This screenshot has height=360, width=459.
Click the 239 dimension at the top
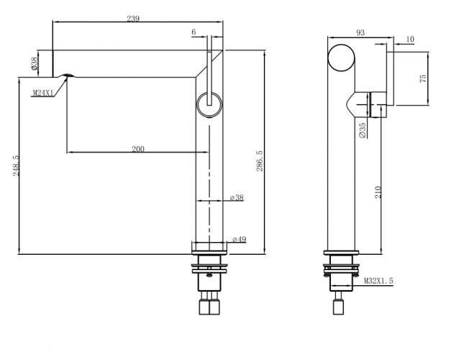(x=132, y=19)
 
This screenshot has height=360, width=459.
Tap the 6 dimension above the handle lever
(x=194, y=32)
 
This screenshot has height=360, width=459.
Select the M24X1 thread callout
(x=42, y=93)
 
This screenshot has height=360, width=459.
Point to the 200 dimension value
(x=138, y=149)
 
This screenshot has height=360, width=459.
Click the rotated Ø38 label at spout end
(x=35, y=64)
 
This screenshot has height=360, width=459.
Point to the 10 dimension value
(x=409, y=40)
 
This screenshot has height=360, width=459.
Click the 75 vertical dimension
(x=424, y=78)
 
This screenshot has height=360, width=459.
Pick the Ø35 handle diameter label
(x=362, y=130)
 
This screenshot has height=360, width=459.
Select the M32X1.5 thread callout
(x=378, y=282)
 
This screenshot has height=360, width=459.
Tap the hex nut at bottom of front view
(x=209, y=308)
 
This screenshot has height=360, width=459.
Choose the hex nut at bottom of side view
(x=340, y=308)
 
